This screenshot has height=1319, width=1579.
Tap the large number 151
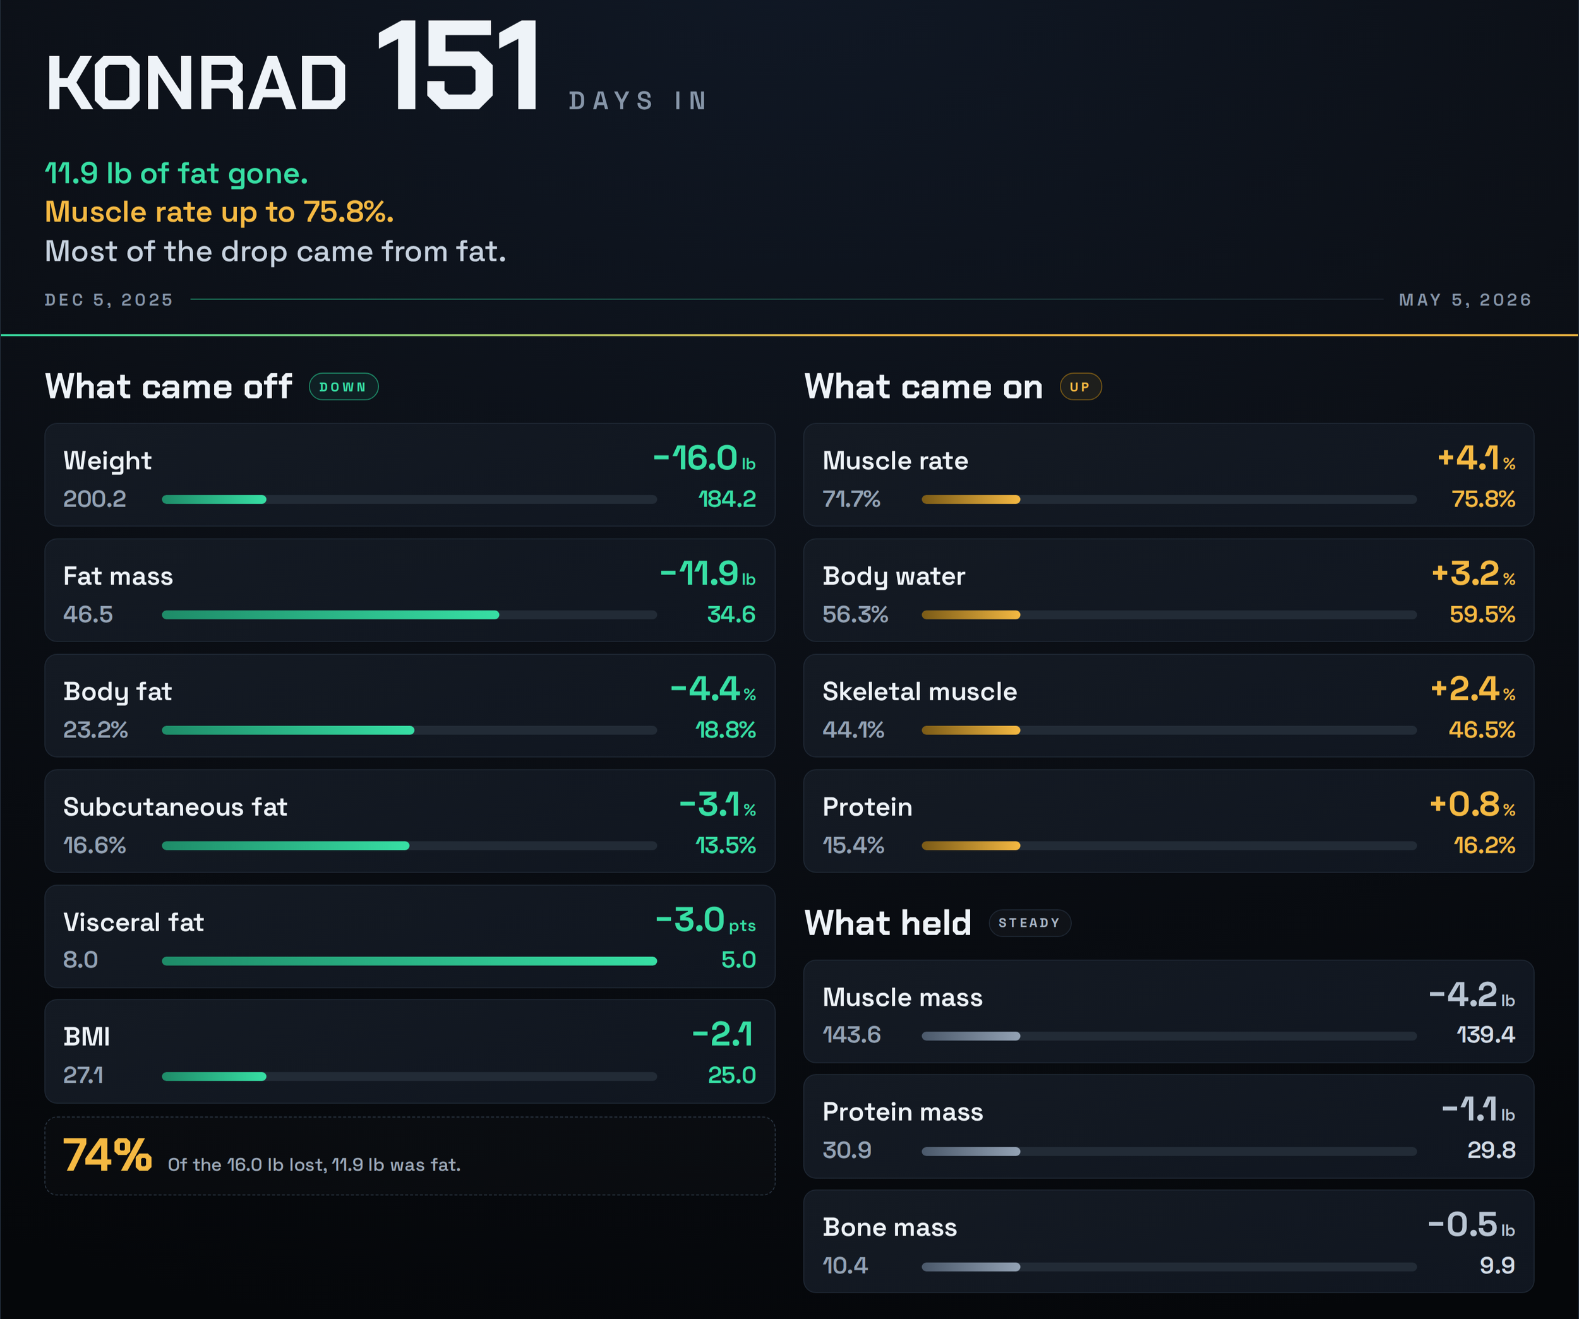point(457,67)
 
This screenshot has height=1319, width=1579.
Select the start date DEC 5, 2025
point(109,300)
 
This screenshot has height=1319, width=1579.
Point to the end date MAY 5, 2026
point(1465,300)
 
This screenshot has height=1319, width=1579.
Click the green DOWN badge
point(344,387)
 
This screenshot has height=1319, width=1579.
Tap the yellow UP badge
point(1081,387)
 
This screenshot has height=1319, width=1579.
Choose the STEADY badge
point(1030,923)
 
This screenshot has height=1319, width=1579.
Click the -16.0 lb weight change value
point(704,458)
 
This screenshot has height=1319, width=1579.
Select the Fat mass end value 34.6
point(731,615)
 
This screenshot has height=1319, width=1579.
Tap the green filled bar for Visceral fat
point(410,961)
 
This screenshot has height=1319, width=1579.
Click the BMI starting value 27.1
point(83,1075)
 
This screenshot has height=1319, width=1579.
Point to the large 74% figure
point(107,1156)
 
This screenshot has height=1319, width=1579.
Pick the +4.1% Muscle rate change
point(1476,458)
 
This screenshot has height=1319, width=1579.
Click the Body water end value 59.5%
point(1482,615)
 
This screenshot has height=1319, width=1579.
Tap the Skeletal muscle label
point(920,691)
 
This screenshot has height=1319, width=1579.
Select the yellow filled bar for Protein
point(971,846)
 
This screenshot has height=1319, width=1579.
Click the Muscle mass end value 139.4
point(1486,1035)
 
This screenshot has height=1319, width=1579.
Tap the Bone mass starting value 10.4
point(845,1265)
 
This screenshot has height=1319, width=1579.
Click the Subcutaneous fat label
point(175,807)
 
